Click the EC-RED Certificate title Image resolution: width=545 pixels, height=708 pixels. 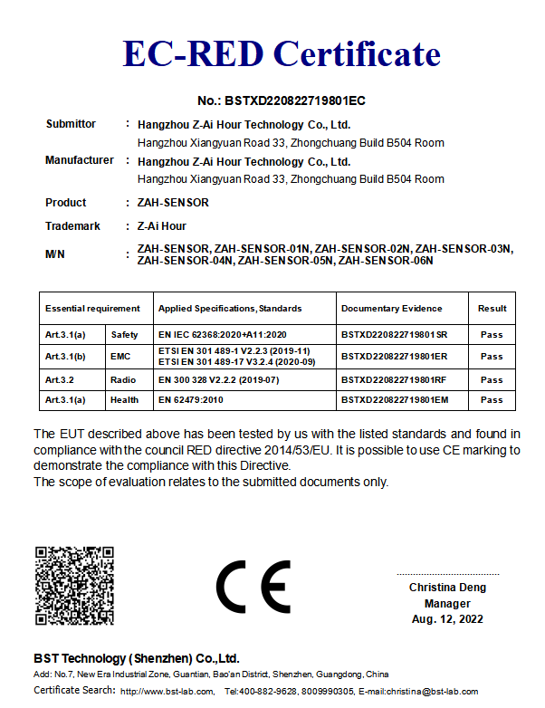pos(282,54)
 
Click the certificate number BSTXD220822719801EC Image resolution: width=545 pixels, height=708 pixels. pos(282,100)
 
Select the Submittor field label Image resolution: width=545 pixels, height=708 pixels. pos(71,124)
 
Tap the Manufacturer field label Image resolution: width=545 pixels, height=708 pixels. pos(80,160)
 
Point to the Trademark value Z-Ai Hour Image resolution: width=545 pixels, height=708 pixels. pos(162,225)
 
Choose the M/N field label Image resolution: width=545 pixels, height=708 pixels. pos(55,254)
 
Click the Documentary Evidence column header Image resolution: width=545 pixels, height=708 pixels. pos(392,309)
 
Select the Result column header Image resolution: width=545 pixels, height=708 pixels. pos(492,309)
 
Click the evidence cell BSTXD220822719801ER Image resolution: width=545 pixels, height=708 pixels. pos(394,357)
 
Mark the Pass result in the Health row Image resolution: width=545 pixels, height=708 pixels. pos(492,399)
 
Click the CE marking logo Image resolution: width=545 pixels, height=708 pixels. pos(253,587)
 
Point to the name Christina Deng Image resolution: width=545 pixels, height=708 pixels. pos(447,588)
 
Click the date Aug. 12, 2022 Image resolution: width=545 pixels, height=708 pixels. pos(447,619)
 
